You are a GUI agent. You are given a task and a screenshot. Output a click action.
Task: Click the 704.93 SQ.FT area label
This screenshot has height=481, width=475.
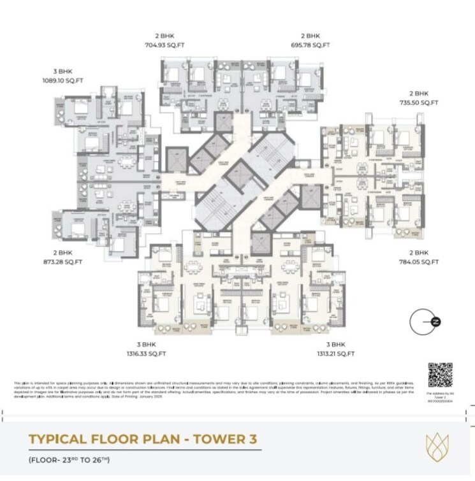click(x=164, y=45)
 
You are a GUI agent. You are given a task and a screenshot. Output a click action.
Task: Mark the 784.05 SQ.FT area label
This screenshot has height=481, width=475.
click(x=423, y=261)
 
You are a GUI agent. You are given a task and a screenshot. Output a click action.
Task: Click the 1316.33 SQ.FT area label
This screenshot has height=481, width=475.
click(x=147, y=353)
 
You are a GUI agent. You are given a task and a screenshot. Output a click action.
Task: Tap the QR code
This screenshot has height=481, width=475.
click(x=440, y=375)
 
